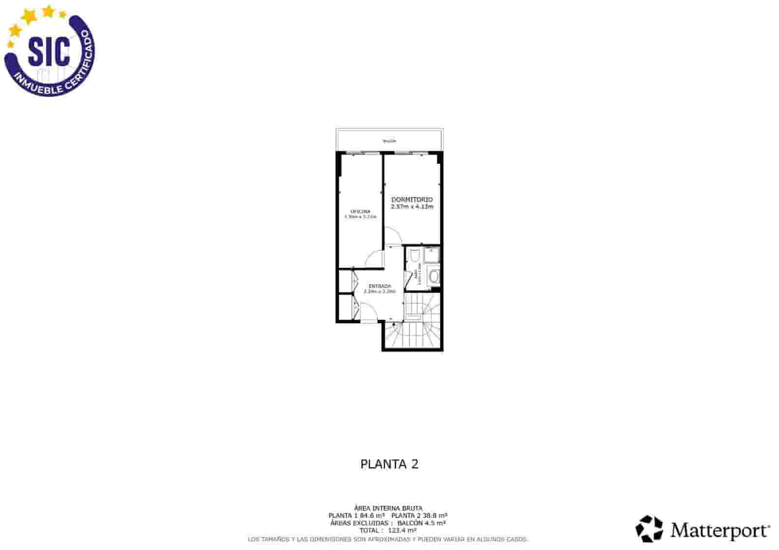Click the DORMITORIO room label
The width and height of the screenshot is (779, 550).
click(x=412, y=200)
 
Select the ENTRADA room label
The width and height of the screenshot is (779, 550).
click(x=380, y=286)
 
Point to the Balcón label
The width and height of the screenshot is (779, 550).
click(x=389, y=141)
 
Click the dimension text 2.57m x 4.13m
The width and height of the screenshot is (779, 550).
click(x=412, y=207)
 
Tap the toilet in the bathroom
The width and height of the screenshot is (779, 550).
click(x=414, y=256)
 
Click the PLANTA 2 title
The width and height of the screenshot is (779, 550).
click(x=389, y=464)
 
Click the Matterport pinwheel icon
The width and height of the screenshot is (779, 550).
click(x=649, y=529)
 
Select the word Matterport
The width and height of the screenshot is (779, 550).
click(x=720, y=530)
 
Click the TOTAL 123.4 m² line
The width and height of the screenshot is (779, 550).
click(x=388, y=531)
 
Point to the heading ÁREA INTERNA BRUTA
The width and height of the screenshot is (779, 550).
click(x=388, y=508)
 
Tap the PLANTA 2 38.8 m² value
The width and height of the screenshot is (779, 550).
click(x=419, y=515)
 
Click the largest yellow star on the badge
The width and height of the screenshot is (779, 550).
click(x=30, y=17)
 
